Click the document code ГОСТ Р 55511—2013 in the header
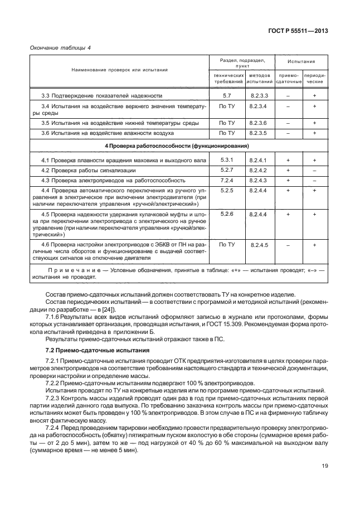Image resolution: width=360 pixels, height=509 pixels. [x=299, y=31]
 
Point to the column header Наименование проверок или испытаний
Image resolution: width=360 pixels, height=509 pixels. [x=119, y=70]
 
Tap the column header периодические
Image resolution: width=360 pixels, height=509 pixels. [x=315, y=78]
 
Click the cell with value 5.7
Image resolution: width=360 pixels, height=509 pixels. [x=226, y=95]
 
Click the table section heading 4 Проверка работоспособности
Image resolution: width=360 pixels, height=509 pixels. [x=177, y=146]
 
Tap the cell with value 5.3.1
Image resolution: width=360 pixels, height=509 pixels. [x=226, y=159]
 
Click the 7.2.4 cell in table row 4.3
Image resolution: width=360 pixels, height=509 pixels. [x=226, y=181]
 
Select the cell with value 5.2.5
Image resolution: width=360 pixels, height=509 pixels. [x=226, y=191]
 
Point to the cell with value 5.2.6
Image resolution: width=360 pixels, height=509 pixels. [x=226, y=214]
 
